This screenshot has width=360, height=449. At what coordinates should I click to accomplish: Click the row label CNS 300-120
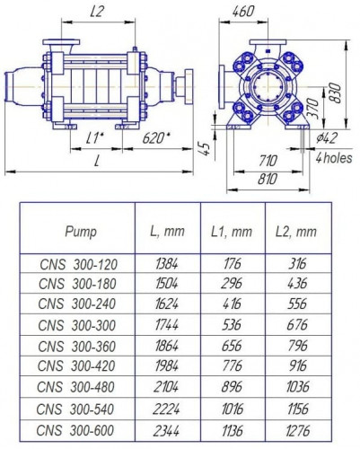point(80,263)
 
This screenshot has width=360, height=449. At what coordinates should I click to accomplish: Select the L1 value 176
point(233,263)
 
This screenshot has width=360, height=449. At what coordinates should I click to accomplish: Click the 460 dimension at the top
point(241,13)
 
